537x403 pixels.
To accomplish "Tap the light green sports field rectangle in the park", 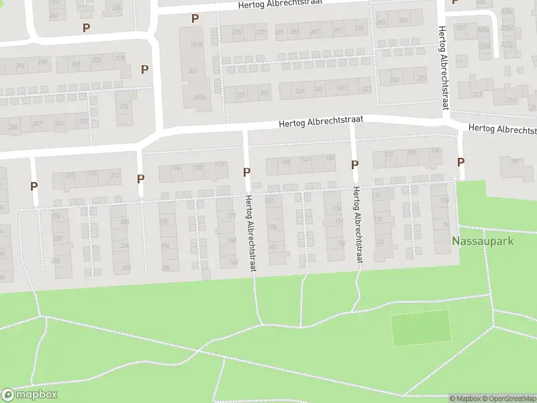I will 421,328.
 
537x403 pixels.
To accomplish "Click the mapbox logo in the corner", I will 30,395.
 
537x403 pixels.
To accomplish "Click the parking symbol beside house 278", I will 144,69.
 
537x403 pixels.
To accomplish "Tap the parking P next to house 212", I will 140,179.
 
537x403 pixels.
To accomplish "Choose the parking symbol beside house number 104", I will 460,162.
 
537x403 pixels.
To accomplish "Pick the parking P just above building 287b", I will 195,19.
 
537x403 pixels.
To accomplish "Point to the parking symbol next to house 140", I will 354,165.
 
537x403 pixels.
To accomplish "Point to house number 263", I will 192,71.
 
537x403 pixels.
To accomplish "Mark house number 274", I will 123,106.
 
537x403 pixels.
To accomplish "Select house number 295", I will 359,29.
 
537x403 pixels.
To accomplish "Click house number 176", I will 220,165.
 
